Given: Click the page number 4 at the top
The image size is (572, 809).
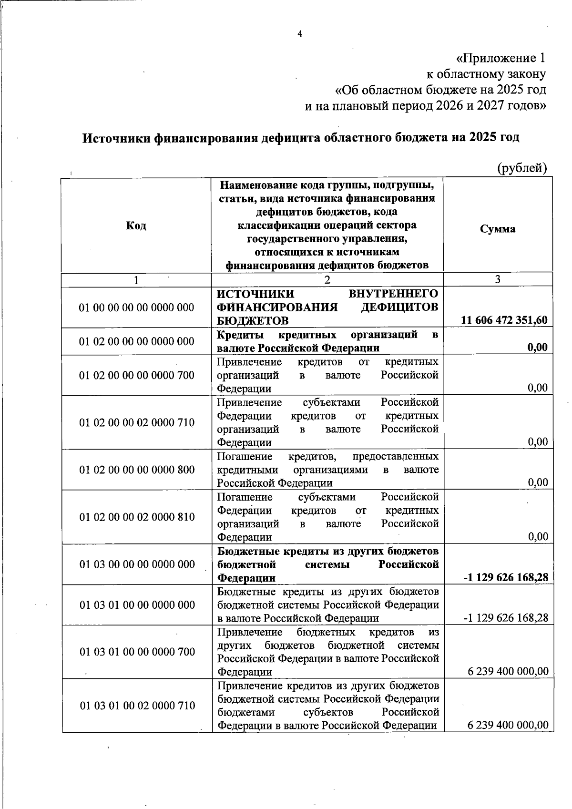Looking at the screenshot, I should point(300,33).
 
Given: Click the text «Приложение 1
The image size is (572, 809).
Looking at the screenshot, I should point(500,58).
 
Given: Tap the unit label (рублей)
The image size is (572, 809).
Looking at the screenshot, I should point(522,168).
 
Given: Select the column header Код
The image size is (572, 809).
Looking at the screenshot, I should point(136,225).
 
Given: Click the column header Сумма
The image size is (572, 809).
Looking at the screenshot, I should point(498,229).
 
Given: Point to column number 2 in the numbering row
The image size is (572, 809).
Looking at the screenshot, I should point(327,280).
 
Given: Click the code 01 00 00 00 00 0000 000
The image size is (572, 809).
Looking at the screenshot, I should point(137,307).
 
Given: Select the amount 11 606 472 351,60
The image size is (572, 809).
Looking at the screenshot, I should point(504,320).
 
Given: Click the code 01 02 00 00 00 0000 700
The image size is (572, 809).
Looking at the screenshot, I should point(137,375).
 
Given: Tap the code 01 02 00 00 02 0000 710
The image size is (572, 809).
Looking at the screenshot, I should point(137,422).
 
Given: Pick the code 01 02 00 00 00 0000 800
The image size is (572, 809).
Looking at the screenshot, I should point(137,470).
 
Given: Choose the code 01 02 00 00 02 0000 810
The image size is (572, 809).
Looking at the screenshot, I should point(137,517).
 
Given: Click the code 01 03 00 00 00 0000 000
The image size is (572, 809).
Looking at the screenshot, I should point(137,564).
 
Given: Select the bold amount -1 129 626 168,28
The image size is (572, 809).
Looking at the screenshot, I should point(506,578).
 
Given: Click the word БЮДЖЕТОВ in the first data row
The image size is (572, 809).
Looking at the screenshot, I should point(252,320).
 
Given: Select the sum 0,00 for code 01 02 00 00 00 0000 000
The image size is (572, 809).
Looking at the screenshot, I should point(537,347).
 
